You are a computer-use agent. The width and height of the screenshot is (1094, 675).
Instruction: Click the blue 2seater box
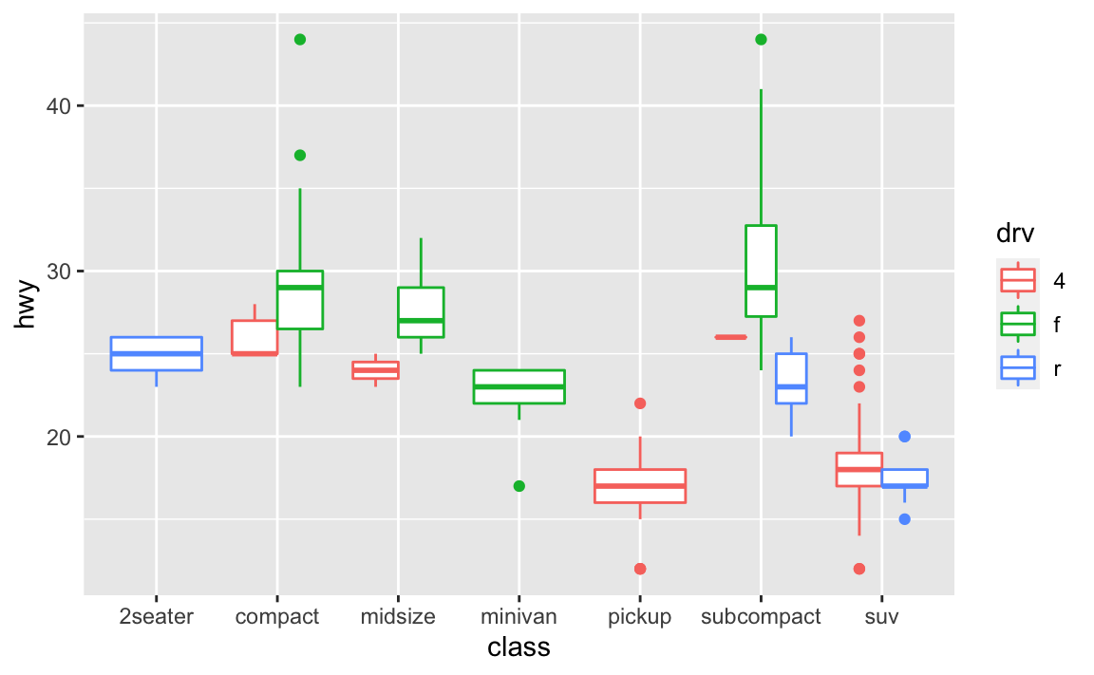[x=157, y=353]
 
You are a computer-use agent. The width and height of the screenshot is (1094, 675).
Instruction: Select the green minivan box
[x=519, y=386]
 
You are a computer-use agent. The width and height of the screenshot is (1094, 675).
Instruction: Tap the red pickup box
[x=640, y=485]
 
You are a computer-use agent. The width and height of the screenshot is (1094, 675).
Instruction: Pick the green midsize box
[x=421, y=311]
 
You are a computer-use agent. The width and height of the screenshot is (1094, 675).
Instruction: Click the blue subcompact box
[x=791, y=378]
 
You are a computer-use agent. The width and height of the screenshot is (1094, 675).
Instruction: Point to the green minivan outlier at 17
[x=519, y=486]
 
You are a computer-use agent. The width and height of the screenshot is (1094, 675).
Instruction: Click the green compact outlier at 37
[x=300, y=155]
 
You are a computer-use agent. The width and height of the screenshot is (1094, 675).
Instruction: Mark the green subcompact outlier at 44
[x=761, y=39]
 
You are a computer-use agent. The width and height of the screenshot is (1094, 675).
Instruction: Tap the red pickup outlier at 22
[x=640, y=403]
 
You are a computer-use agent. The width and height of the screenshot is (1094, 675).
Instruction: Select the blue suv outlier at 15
[x=905, y=519]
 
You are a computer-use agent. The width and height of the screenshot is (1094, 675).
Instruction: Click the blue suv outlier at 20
[x=905, y=437]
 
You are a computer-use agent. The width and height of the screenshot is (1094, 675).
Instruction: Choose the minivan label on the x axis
[x=519, y=616]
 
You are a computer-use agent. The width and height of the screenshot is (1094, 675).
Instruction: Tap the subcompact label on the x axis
[x=761, y=616]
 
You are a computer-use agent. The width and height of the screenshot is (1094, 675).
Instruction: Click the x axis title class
[x=519, y=647]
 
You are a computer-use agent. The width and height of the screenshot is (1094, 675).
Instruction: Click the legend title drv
[x=1015, y=232]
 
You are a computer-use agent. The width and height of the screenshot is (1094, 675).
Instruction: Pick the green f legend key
[x=1018, y=324]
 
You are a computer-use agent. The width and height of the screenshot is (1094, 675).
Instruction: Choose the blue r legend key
[x=1018, y=367]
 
